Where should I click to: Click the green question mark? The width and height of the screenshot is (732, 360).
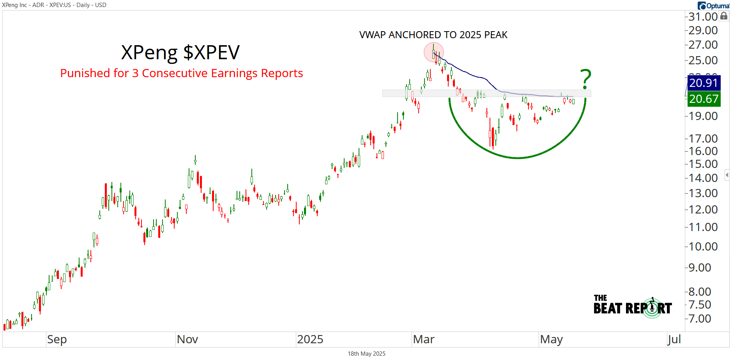585,79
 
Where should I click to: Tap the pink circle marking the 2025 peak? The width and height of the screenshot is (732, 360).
433,52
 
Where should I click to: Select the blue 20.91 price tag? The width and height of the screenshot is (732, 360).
703,83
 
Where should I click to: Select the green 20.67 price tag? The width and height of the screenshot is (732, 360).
703,99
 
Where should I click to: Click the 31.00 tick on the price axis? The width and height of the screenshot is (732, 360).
703,17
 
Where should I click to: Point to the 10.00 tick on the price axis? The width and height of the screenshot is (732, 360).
703,247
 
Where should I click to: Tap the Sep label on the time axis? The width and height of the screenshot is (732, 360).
57,339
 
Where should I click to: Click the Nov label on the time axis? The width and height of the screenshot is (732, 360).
187,339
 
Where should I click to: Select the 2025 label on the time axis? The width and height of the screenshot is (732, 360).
310,339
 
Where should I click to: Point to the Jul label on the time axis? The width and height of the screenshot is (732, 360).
674,339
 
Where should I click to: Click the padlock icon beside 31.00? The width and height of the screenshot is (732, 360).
724,16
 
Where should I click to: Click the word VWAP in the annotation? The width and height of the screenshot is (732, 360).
373,35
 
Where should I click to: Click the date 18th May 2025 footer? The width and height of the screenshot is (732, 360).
366,354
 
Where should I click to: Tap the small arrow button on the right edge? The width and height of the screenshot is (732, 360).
727,175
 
